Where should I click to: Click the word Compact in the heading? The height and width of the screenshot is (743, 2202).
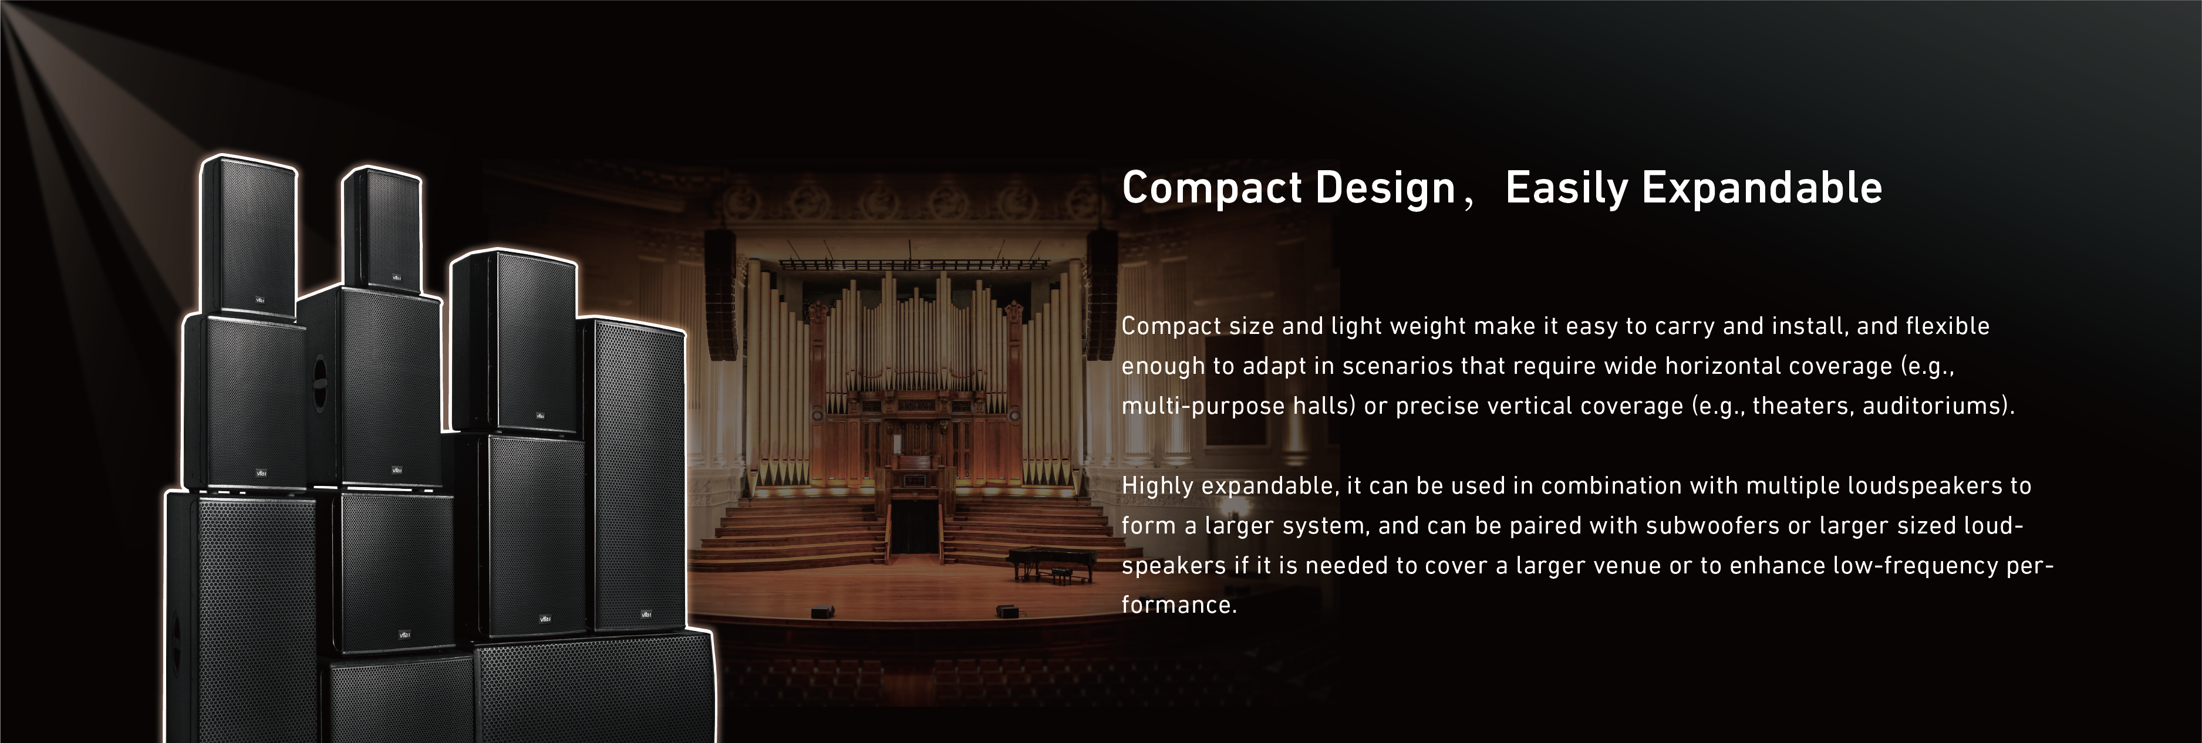pos(1212,189)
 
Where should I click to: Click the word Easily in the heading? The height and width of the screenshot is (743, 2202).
pos(1567,189)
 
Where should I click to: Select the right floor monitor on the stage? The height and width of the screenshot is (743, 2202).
pos(1006,610)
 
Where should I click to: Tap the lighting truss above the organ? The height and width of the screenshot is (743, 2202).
pos(913,264)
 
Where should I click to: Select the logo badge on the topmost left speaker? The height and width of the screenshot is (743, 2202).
pos(261,300)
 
